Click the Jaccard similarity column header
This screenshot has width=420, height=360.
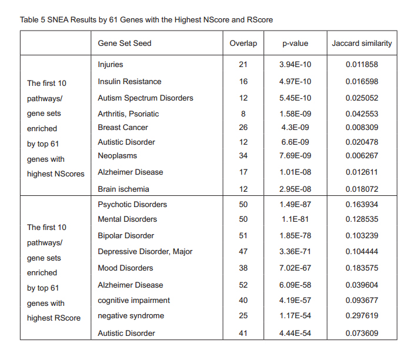point(362,43)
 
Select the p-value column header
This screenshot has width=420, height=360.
point(295,43)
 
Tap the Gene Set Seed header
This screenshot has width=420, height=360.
point(125,43)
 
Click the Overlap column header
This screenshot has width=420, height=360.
point(243,43)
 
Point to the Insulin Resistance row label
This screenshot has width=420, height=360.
point(129,81)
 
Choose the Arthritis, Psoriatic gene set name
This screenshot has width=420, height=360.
point(128,114)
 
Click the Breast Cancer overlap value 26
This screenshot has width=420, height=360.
point(243,127)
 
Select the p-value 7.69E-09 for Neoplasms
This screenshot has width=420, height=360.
point(295,155)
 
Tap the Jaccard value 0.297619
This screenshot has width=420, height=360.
point(362,316)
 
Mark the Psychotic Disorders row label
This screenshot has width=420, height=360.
point(132,204)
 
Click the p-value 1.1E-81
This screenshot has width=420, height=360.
point(295,219)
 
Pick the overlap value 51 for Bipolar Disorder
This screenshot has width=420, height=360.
point(243,235)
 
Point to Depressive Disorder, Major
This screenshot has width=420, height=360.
point(145,251)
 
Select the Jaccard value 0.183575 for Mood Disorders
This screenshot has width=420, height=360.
point(362,268)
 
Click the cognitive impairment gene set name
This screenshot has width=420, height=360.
point(134,300)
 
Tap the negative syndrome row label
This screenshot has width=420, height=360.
point(131,316)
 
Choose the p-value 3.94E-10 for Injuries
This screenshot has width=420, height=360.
point(295,64)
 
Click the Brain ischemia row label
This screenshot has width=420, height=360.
point(124,189)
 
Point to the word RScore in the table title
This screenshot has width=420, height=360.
point(259,19)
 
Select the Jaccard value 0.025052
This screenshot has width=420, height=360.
point(362,98)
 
